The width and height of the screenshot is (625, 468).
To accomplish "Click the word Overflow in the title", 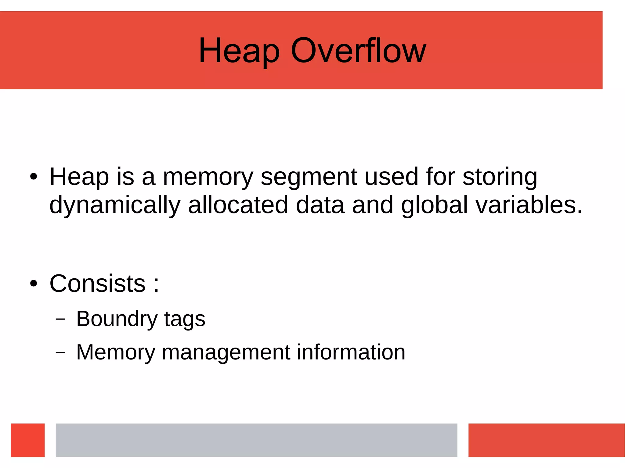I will (x=358, y=51).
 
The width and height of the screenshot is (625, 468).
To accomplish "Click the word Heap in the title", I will (x=239, y=51).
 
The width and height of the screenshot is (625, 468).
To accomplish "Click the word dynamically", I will (x=115, y=205).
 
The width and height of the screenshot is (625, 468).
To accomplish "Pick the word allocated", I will (x=238, y=205).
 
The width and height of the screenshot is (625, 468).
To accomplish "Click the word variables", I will (x=529, y=205).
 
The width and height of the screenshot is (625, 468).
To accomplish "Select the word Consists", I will (x=97, y=284).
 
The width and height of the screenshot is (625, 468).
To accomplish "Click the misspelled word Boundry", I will (x=117, y=319).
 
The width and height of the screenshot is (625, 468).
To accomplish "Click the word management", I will (x=226, y=352).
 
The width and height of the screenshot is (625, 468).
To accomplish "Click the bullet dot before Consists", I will (x=34, y=284).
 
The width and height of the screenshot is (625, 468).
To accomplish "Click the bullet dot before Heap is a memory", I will (x=34, y=177).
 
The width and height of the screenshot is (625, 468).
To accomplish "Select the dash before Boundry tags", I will (x=60, y=319).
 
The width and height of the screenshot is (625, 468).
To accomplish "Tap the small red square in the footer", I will (x=28, y=440).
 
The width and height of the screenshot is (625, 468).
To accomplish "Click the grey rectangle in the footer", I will (x=256, y=440).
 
